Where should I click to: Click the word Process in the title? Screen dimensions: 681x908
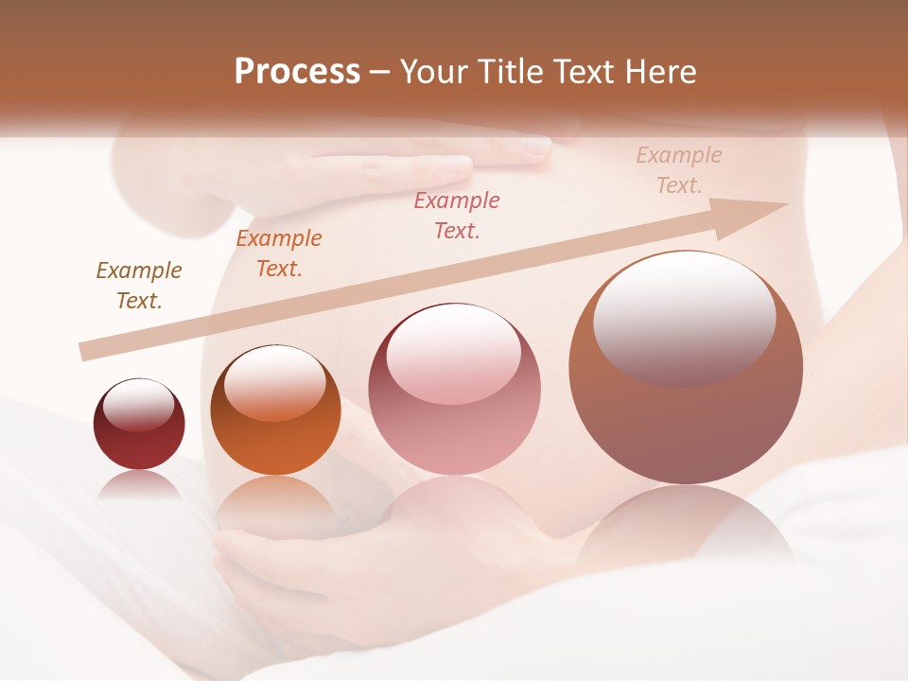(x=297, y=72)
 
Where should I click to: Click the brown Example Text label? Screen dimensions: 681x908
(x=139, y=286)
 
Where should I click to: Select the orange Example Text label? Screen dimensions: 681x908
(x=279, y=253)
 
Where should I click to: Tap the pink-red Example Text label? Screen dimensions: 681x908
(x=457, y=216)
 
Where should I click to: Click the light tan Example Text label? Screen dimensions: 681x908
(x=679, y=170)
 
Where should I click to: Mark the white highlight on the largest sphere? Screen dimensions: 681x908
(x=685, y=317)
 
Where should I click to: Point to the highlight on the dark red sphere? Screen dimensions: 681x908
(x=139, y=405)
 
